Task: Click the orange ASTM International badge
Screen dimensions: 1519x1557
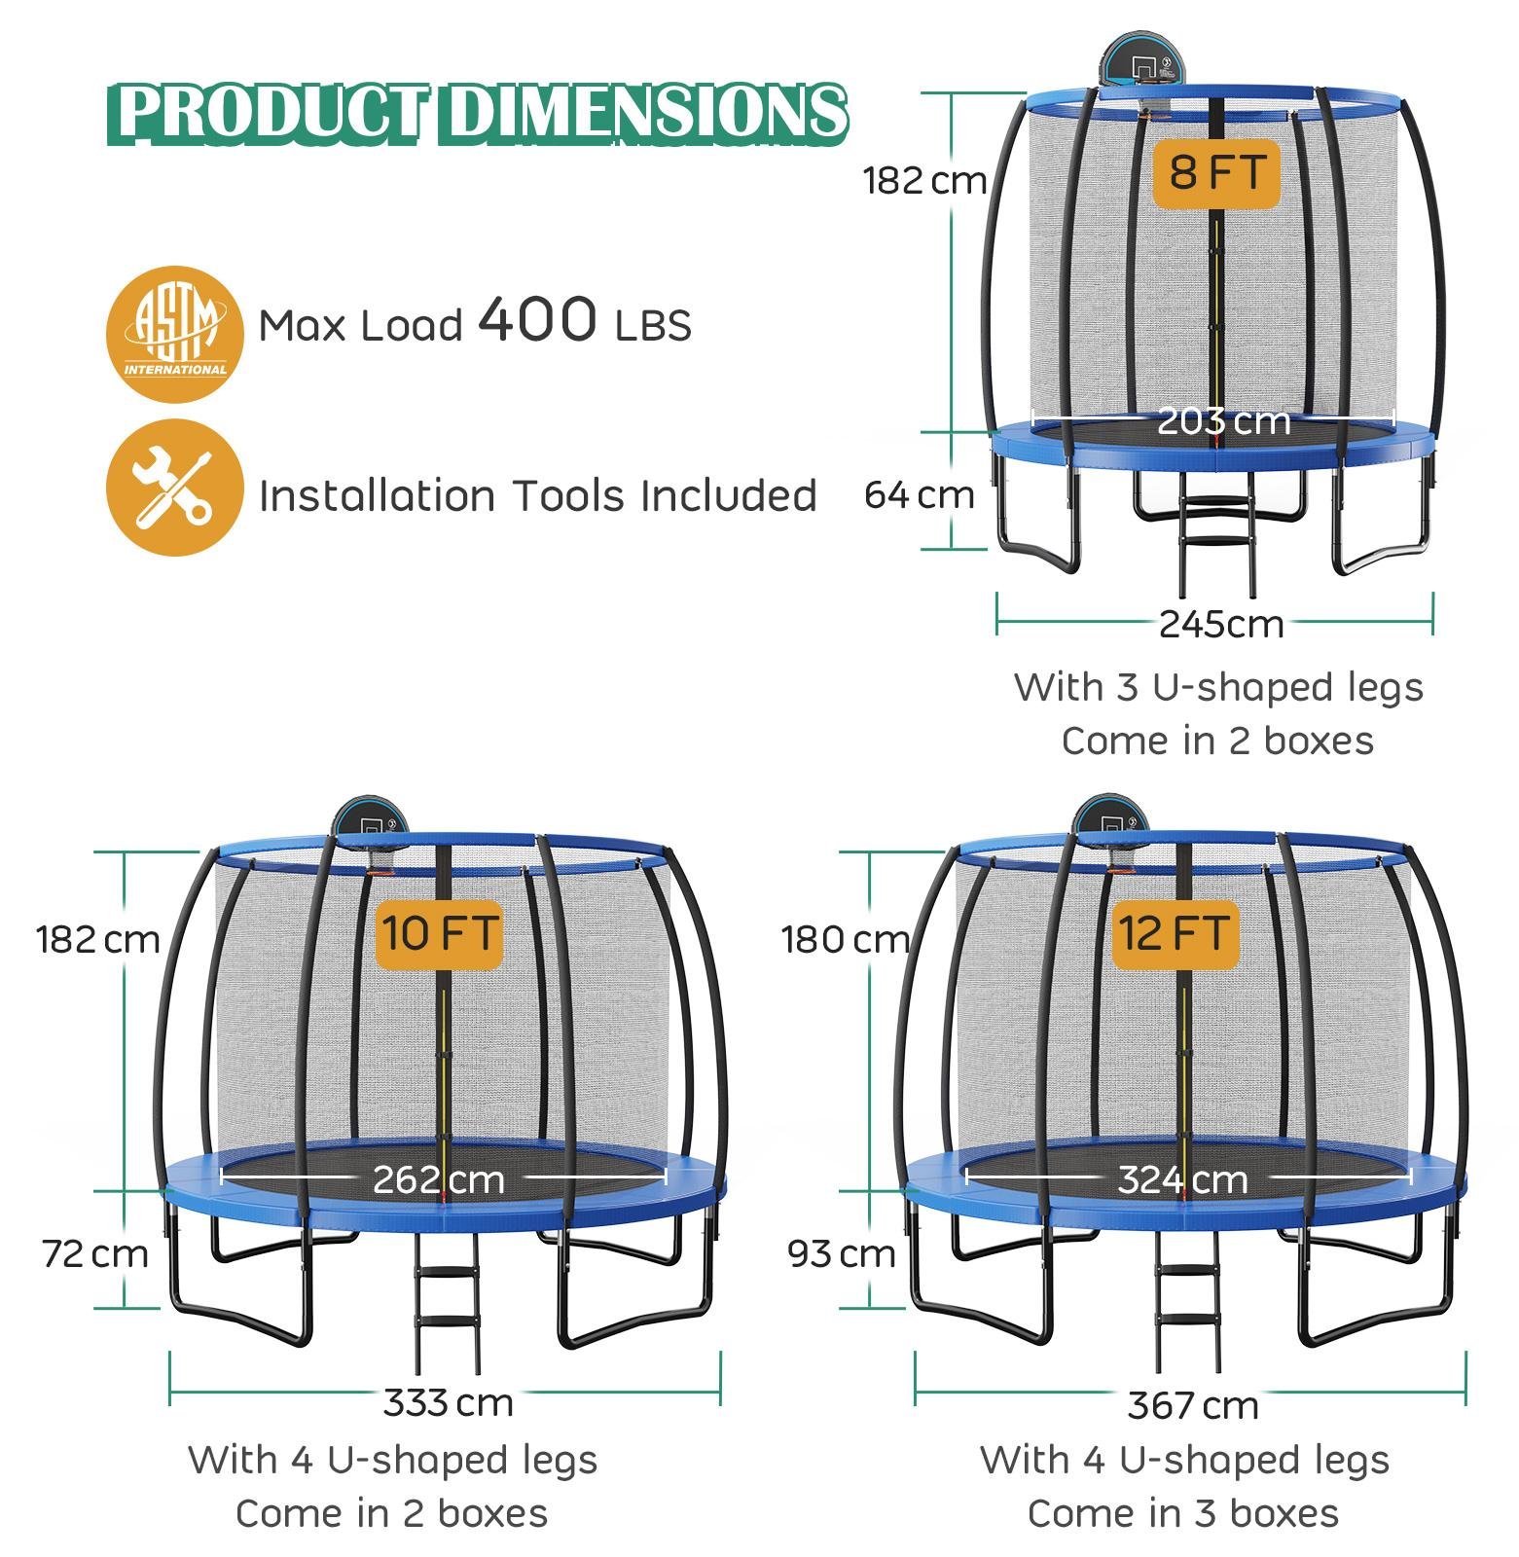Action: point(174,334)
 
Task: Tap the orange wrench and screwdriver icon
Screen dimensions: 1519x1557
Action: point(174,488)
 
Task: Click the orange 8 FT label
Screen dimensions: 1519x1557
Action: point(1216,174)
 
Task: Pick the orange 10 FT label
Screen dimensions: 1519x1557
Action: point(440,934)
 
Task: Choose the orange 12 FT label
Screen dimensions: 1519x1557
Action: point(1175,934)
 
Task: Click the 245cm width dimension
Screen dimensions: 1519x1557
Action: point(1221,624)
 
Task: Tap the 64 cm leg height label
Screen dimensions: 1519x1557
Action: point(920,495)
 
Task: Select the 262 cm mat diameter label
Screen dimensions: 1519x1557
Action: point(439,1179)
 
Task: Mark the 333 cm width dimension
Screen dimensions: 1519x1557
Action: point(448,1403)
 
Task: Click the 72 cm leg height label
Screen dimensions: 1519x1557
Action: point(95,1254)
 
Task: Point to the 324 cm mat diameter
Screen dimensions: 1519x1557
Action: point(1182,1179)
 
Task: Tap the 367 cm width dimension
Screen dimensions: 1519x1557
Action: point(1193,1405)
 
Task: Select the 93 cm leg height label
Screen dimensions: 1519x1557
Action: point(842,1254)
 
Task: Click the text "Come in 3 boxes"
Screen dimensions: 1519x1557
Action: point(1183,1513)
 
